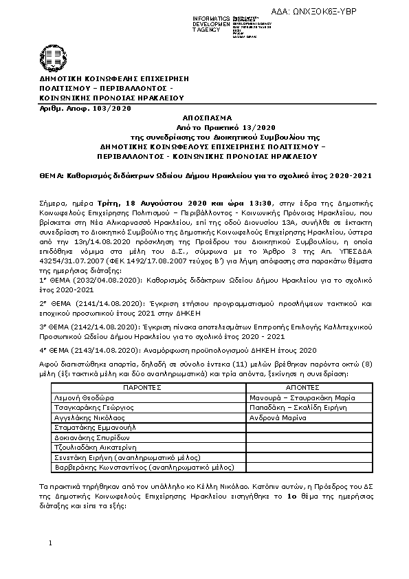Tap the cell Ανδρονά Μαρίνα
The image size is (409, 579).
[x=278, y=417]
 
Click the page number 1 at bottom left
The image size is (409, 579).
[x=51, y=544]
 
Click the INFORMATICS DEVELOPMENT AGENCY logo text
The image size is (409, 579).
[x=210, y=23]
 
